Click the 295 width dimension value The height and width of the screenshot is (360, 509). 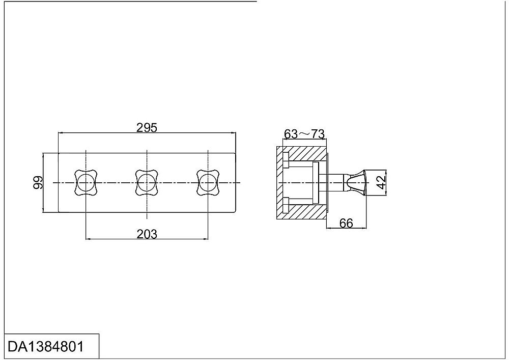[147, 128]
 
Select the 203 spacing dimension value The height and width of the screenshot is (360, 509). [147, 234]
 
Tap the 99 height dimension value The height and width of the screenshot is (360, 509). [38, 182]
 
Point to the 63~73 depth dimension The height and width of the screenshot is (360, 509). [304, 134]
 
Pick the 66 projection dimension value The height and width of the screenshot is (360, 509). [346, 224]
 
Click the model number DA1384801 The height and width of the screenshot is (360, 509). [46, 347]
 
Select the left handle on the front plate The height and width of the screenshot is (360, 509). [86, 183]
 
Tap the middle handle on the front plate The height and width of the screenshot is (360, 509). [147, 183]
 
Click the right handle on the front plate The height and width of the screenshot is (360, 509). [208, 183]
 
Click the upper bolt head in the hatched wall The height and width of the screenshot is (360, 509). [286, 160]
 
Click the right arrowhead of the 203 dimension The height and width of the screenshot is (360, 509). [206, 239]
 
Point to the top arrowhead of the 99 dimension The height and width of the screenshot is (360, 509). [43, 155]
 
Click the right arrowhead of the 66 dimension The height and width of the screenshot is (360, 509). [364, 228]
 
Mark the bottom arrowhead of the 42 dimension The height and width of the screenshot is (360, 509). [386, 193]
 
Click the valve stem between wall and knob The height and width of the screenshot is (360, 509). [336, 182]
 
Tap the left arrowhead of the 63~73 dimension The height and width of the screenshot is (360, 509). [286, 139]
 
